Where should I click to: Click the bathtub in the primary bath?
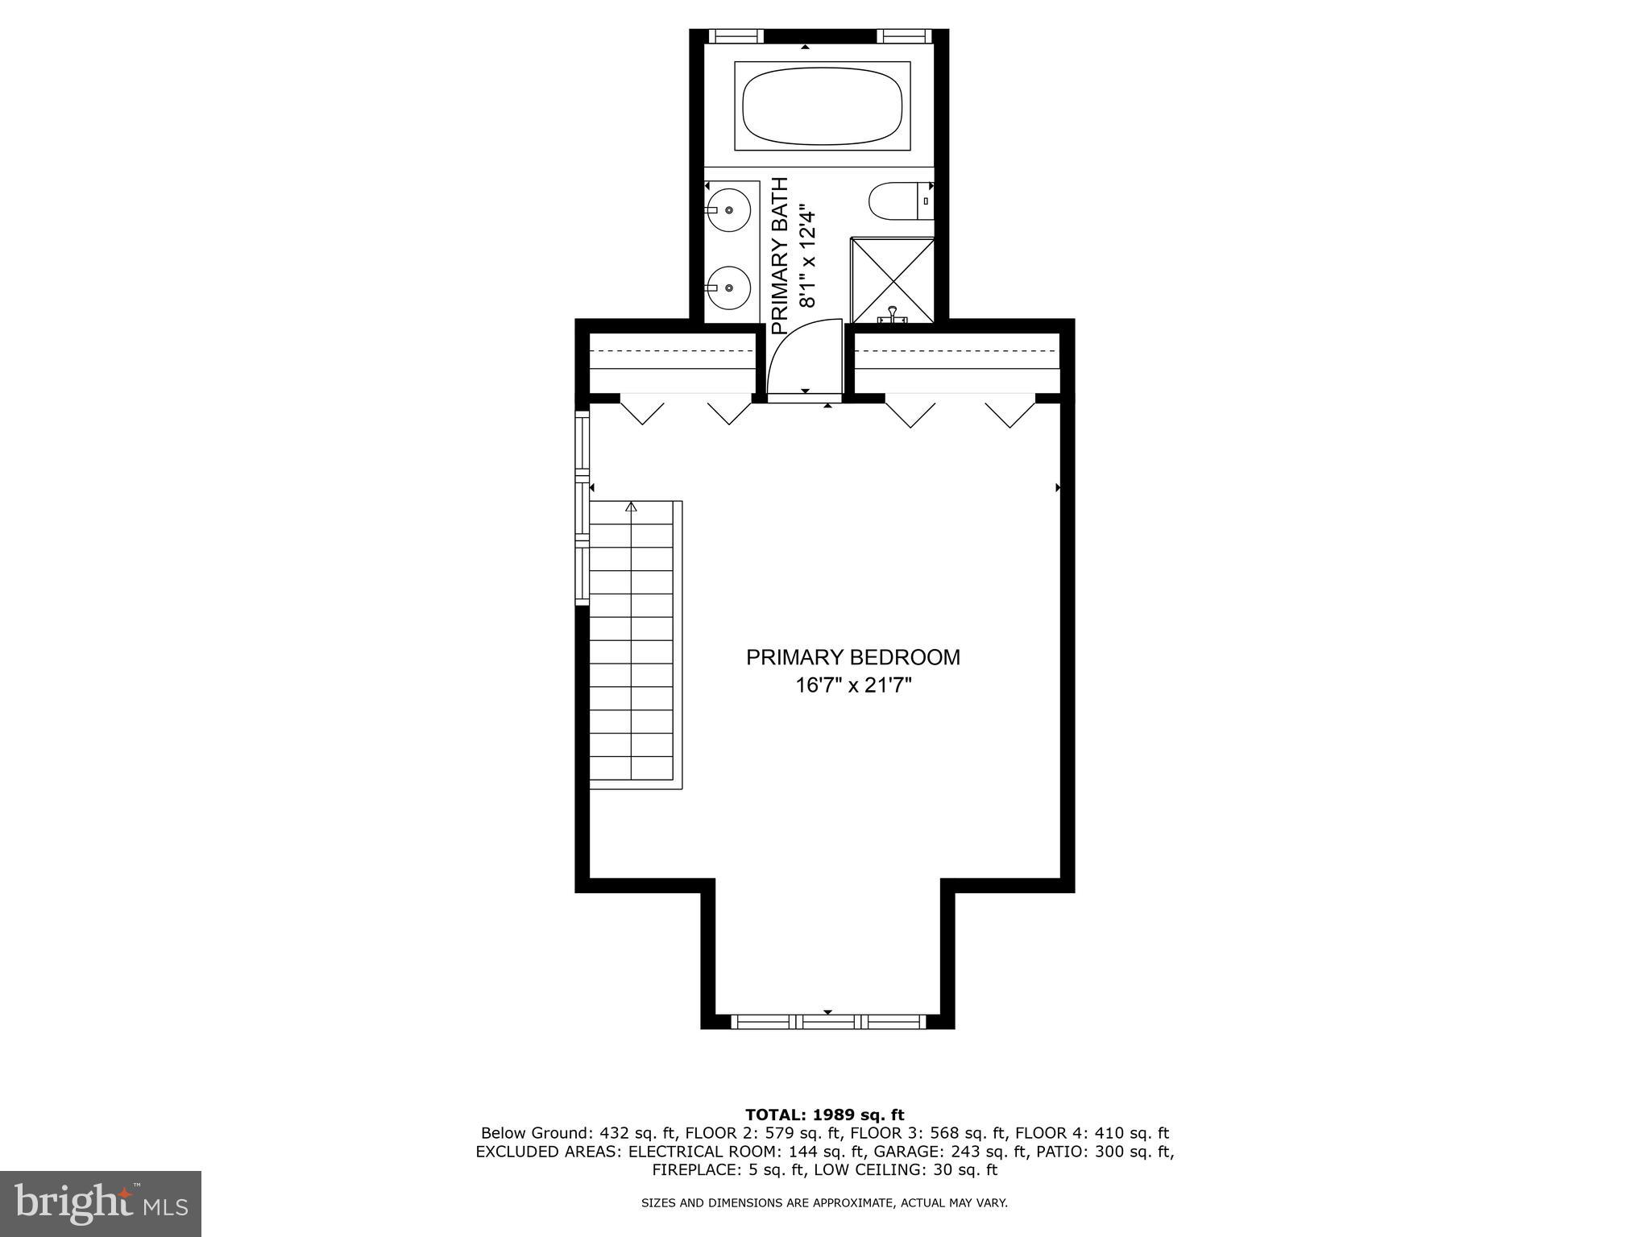coord(822,106)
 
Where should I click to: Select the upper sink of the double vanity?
coord(728,209)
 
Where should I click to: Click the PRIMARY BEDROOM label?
coord(852,658)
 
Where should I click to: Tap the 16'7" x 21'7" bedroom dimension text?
coord(852,686)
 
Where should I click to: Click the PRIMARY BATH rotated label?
coord(779,255)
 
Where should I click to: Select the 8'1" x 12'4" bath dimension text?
coord(807,255)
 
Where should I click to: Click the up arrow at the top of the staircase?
coord(631,507)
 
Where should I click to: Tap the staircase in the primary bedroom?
coord(632,644)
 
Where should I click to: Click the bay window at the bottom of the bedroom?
coord(827,1022)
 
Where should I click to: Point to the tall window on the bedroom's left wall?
coord(582,507)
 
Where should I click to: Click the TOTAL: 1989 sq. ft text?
coord(824,1115)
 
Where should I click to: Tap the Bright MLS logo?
coord(101,1203)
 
